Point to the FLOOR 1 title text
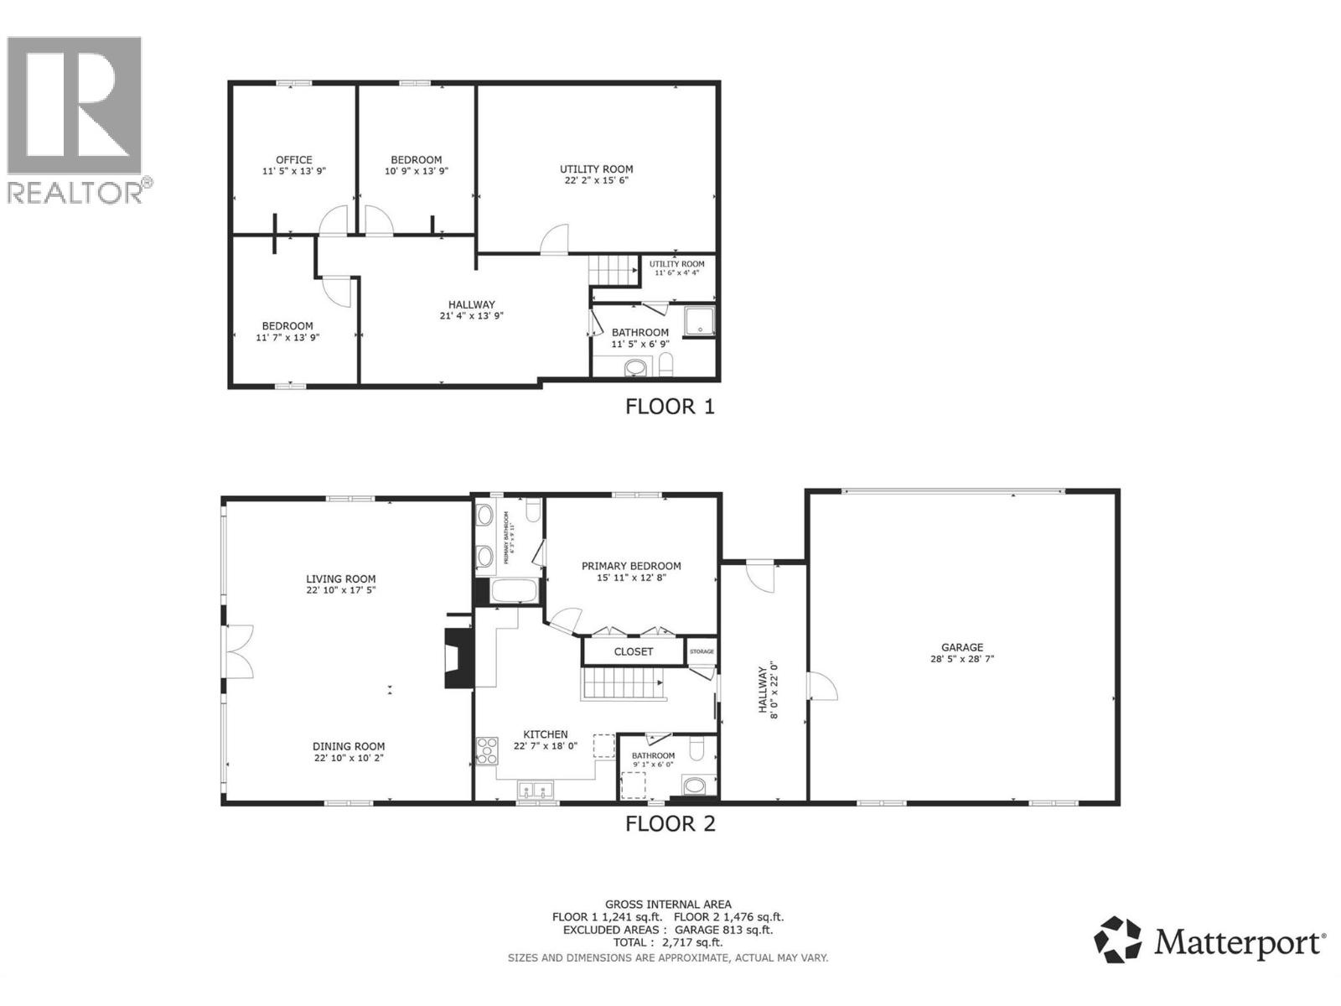670,407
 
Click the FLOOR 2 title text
670,823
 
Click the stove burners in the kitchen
486,750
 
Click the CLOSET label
634,651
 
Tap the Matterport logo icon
1118,940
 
